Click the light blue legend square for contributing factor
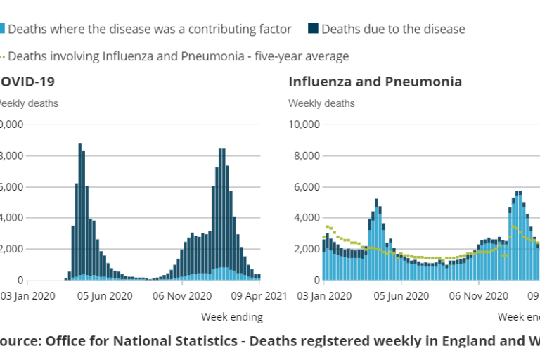click(2, 29)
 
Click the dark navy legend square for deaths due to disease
click(313, 29)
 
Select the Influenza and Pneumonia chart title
click(375, 82)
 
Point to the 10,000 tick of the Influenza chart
click(304, 124)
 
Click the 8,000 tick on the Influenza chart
click(307, 155)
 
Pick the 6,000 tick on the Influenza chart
click(307, 187)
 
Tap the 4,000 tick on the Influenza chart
click(307, 218)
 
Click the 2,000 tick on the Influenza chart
click(307, 249)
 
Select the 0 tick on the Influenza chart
click(316, 280)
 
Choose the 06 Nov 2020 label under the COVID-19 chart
click(181, 296)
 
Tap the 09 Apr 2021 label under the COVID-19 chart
click(259, 296)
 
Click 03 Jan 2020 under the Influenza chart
click(322, 296)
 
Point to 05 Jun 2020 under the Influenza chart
click(399, 296)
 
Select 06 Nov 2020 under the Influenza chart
click(477, 296)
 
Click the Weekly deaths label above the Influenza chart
click(321, 103)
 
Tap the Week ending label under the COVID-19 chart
click(231, 317)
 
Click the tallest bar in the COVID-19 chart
click(79, 211)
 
